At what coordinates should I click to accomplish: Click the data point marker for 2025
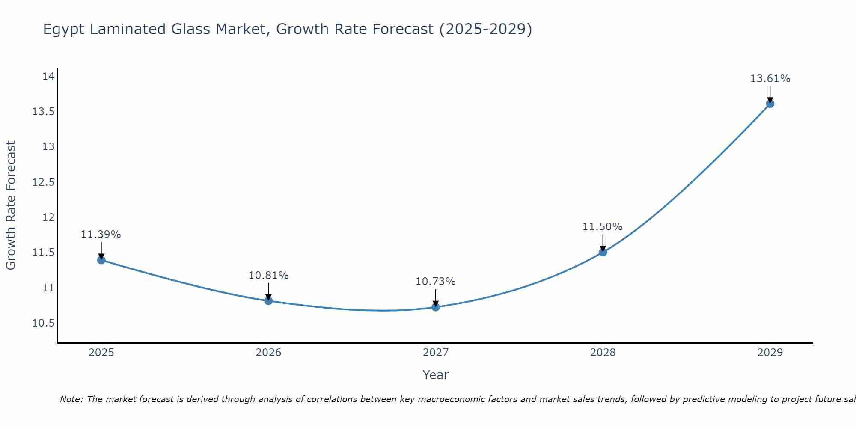[x=101, y=260]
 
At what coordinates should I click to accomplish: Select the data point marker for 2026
[x=268, y=300]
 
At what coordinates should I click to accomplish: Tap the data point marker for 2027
[x=436, y=306]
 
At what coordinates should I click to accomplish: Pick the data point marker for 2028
[x=603, y=252]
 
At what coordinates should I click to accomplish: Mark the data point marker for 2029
[x=770, y=104]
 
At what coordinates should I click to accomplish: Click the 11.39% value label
[x=101, y=235]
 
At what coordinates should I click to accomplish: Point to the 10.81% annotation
[x=268, y=276]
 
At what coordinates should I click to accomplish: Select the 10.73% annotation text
[x=435, y=282]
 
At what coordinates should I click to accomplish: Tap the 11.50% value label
[x=602, y=227]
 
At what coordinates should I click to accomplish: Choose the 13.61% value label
[x=770, y=79]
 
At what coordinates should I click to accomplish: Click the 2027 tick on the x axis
[x=436, y=353]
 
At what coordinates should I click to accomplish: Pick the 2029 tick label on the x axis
[x=770, y=353]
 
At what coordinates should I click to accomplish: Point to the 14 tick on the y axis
[x=48, y=77]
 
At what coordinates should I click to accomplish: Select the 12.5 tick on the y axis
[x=44, y=182]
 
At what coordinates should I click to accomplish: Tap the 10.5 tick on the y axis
[x=44, y=323]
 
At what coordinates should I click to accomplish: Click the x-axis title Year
[x=435, y=375]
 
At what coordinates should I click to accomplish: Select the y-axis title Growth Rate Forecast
[x=11, y=205]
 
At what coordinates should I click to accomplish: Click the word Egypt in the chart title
[x=64, y=30]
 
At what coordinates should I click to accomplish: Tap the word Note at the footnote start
[x=71, y=399]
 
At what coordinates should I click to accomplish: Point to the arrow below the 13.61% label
[x=770, y=93]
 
